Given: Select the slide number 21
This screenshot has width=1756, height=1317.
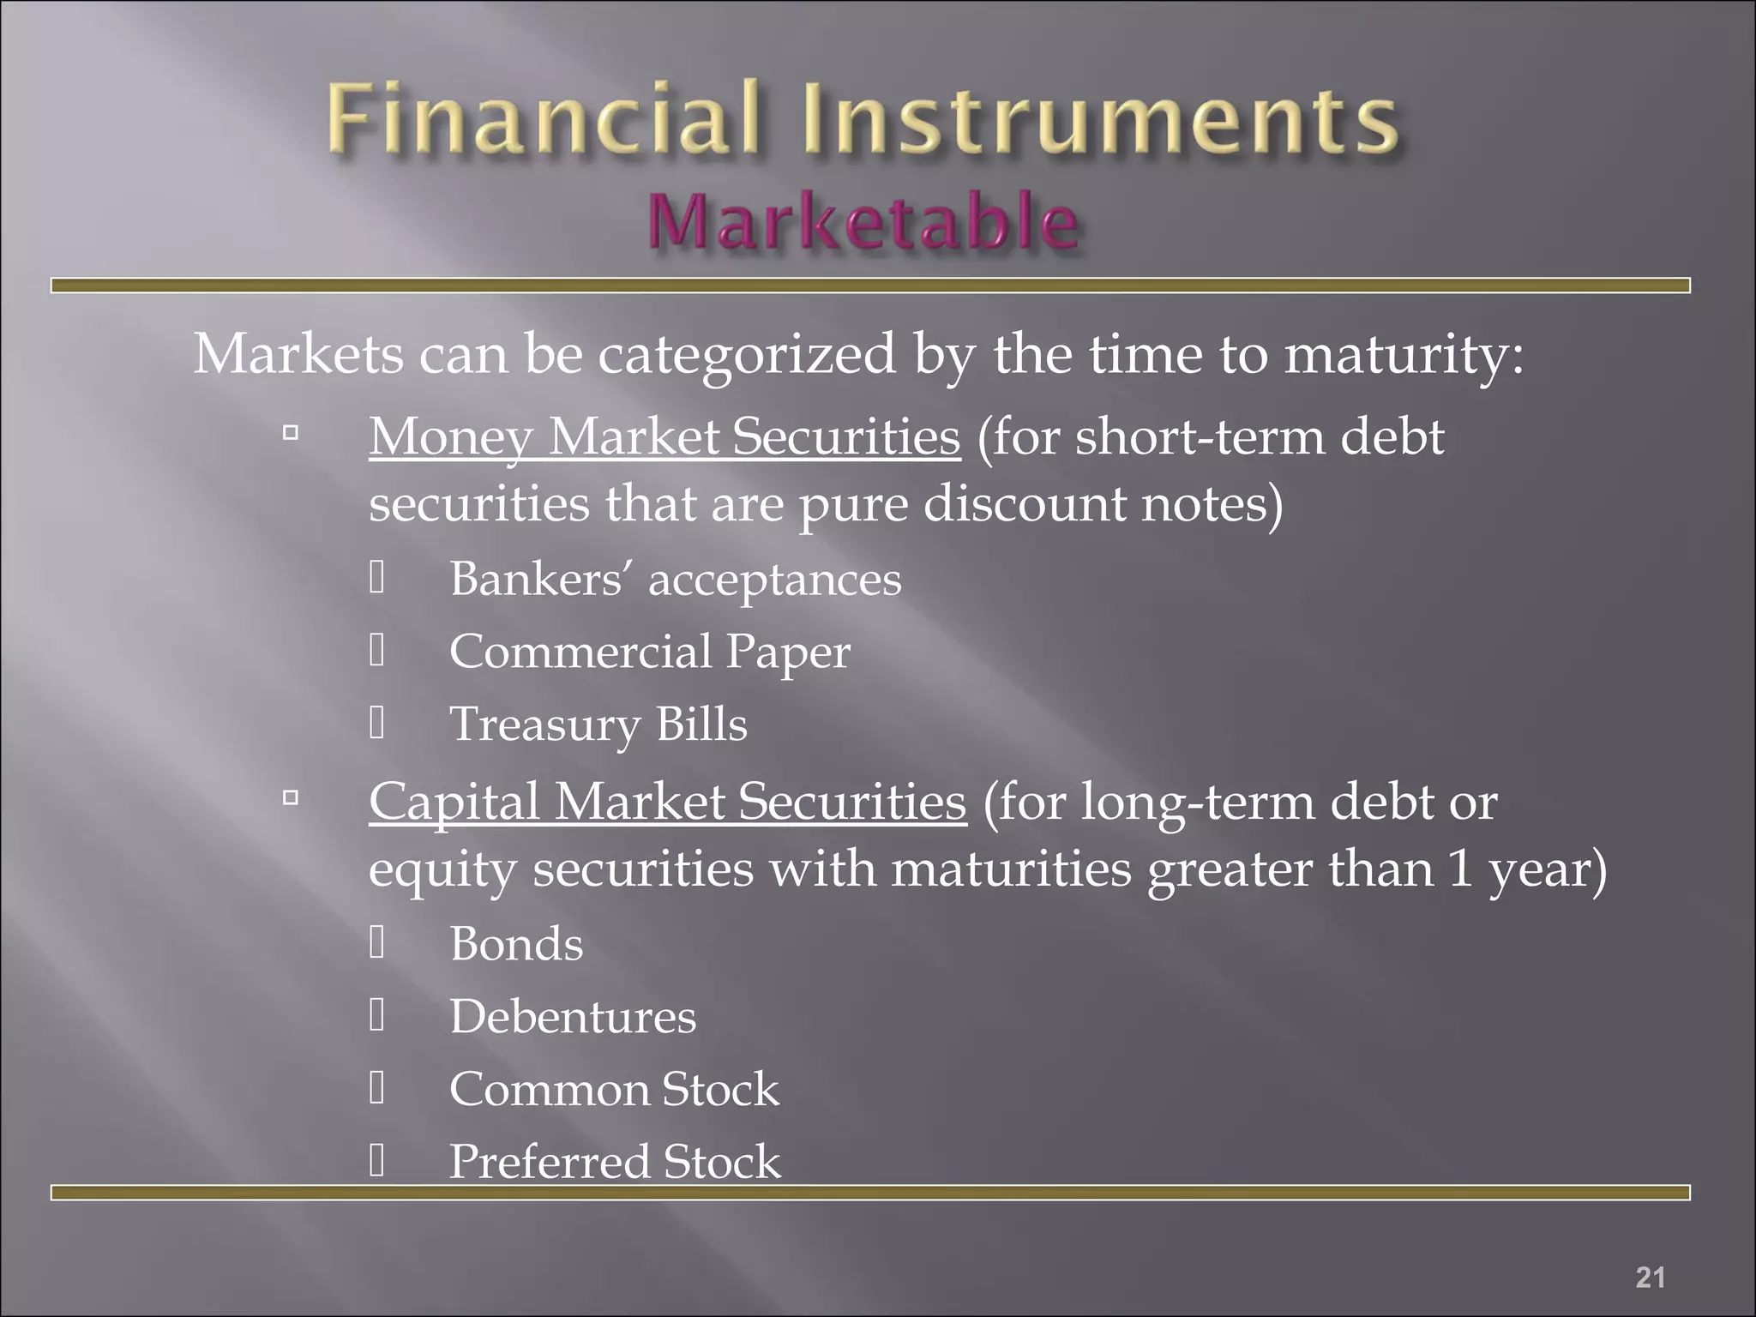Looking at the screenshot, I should point(1650,1277).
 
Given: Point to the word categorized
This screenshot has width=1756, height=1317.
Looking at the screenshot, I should point(747,353).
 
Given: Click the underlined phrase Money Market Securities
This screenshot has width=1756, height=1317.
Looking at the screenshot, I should point(665,436).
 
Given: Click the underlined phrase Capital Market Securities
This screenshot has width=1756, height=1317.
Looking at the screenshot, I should point(667,802).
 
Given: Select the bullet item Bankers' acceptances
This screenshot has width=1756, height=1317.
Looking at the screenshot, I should point(676,579).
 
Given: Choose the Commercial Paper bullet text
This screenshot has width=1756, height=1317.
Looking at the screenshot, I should point(650,652).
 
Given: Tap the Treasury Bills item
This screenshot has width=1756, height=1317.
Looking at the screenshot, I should point(598,725).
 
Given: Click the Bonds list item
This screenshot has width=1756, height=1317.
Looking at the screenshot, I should point(516,944).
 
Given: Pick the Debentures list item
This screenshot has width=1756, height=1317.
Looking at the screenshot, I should point(573,1017).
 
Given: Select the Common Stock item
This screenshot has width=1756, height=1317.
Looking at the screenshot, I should point(614,1090).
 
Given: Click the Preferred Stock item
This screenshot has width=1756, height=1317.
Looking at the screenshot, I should point(615,1162).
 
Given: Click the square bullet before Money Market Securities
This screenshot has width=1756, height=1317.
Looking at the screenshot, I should point(291,433).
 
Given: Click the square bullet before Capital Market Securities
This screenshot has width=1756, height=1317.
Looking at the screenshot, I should point(291,798).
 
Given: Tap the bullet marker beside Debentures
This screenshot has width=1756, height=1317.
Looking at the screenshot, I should point(377,1015).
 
